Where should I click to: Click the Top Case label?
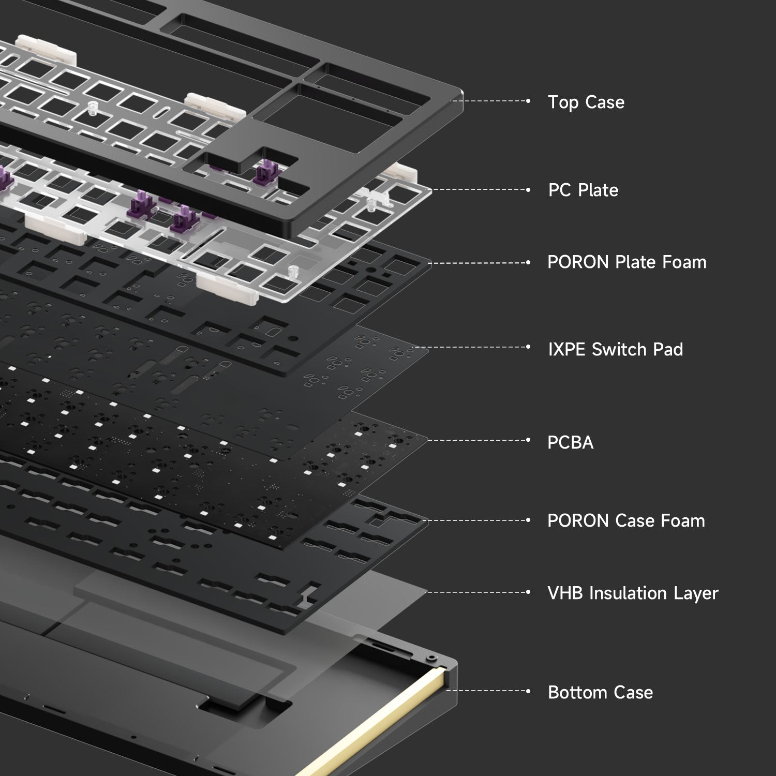click(586, 102)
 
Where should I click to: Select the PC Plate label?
click(583, 190)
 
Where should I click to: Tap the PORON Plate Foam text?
click(627, 262)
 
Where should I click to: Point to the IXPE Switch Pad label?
click(616, 350)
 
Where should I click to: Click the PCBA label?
click(571, 442)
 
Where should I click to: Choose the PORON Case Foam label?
click(626, 520)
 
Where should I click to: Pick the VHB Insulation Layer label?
click(633, 593)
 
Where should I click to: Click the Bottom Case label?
click(601, 692)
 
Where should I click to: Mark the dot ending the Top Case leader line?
click(528, 101)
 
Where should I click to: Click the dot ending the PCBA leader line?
click(528, 440)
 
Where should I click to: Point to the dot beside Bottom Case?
click(528, 691)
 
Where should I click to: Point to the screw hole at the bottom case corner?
click(430, 658)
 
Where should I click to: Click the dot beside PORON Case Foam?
click(528, 520)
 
